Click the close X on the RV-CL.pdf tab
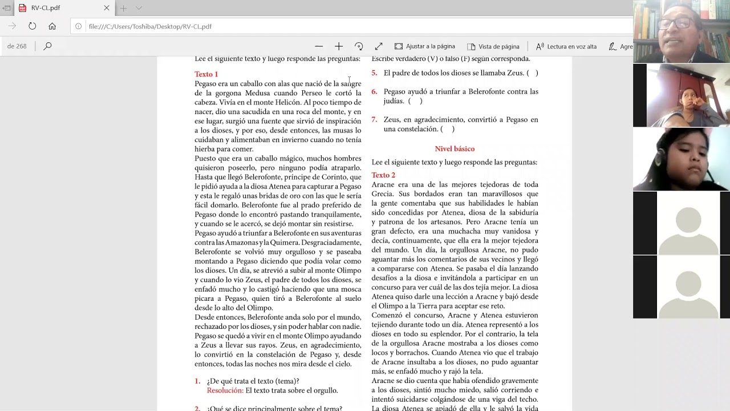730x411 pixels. click(x=107, y=8)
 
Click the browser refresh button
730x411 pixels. click(x=33, y=26)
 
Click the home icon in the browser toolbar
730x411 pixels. click(x=52, y=26)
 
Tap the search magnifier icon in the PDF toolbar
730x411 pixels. click(x=48, y=46)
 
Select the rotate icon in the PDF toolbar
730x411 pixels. click(x=359, y=46)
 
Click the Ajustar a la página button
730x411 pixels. click(x=425, y=46)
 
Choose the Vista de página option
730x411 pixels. click(x=493, y=46)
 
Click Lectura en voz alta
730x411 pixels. click(x=566, y=46)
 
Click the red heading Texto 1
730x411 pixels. click(x=206, y=74)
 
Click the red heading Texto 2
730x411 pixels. click(x=383, y=175)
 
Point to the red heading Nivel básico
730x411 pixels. click(x=455, y=149)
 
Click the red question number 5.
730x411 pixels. click(x=374, y=73)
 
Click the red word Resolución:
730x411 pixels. click(x=225, y=390)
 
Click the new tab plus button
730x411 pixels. click(x=123, y=8)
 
